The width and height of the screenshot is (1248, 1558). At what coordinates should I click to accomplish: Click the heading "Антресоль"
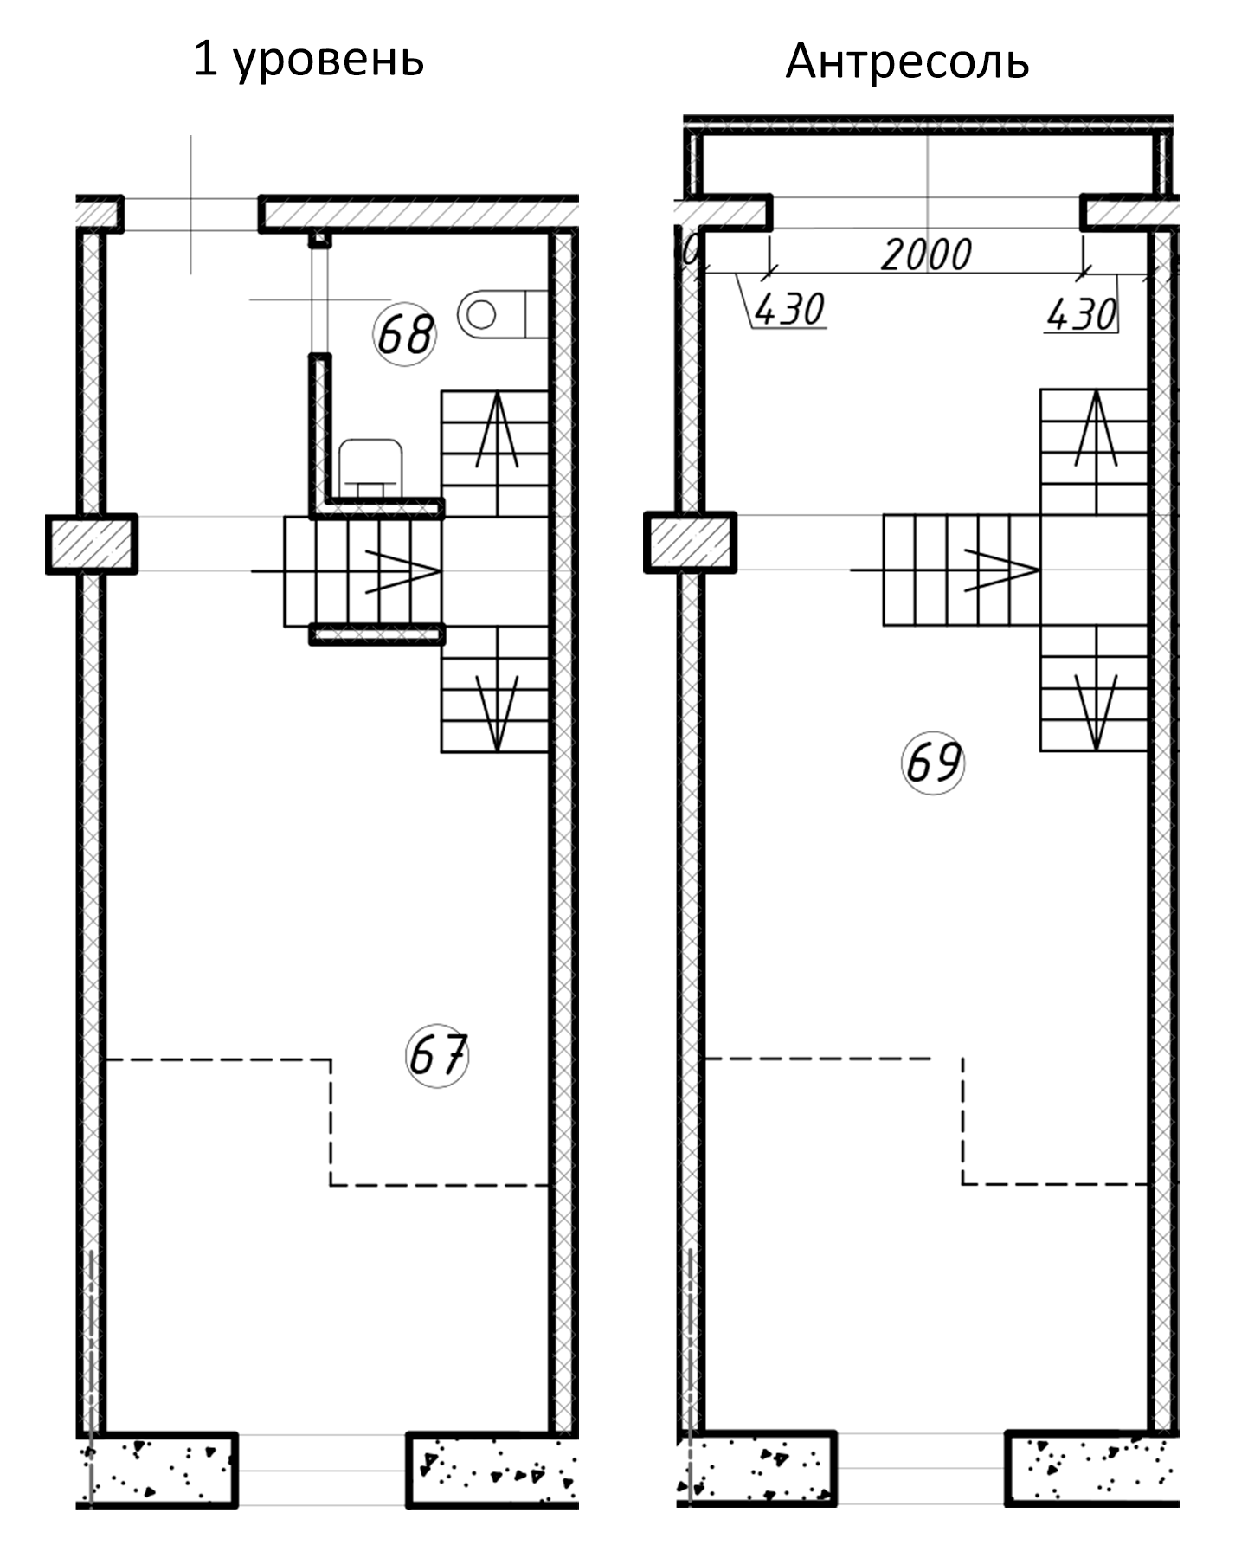[x=907, y=61]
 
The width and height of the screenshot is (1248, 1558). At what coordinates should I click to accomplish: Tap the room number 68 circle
[x=404, y=333]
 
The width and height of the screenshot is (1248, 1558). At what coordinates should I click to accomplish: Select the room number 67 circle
[x=437, y=1055]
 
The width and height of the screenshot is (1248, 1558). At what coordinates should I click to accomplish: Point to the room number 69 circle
[x=933, y=763]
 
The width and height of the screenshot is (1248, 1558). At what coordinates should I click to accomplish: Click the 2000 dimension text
[x=926, y=254]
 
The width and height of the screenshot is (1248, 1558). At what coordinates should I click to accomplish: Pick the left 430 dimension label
[x=789, y=309]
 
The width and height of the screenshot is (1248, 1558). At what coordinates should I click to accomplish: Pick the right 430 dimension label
[x=1081, y=314]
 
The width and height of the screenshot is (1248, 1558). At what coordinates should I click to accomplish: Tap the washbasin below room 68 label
[x=371, y=468]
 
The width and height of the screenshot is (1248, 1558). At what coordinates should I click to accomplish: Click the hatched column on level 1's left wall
[x=91, y=544]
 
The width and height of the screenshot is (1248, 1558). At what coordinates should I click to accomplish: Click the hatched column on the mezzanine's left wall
[x=690, y=543]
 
